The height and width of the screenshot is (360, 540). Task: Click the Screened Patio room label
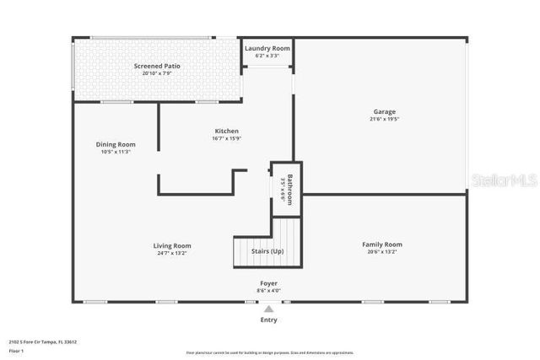tap(157, 66)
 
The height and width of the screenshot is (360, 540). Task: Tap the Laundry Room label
tap(267, 48)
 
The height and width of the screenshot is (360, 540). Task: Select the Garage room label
tap(385, 111)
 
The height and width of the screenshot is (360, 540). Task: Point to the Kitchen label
tap(226, 131)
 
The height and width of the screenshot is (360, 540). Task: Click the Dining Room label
tap(115, 144)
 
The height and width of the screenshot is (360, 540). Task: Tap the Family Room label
tap(382, 244)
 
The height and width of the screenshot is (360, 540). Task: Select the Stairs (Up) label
tap(267, 251)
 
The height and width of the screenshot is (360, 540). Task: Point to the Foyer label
tap(268, 282)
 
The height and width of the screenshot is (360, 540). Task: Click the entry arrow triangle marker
tap(268, 309)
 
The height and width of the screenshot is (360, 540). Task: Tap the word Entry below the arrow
tap(268, 320)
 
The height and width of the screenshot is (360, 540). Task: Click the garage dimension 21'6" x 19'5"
tap(385, 119)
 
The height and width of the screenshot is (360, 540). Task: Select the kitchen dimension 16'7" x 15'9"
tap(226, 138)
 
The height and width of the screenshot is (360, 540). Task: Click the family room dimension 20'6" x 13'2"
tap(382, 252)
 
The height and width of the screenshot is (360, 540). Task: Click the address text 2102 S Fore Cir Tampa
tap(43, 341)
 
